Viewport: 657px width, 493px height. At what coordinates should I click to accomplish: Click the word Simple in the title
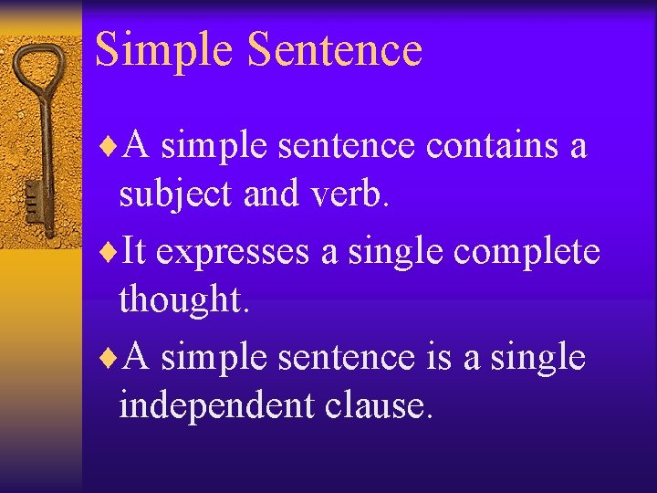163,50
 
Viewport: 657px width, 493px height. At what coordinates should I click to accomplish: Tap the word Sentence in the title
335,50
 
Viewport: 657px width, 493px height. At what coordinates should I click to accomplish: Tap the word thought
183,301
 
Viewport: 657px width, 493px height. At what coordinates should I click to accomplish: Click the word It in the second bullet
134,249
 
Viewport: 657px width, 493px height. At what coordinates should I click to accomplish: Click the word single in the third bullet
537,357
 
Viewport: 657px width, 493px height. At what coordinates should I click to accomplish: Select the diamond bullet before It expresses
113,250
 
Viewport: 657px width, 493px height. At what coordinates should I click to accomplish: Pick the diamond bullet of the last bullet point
113,356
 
